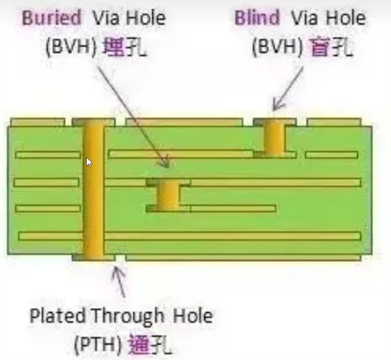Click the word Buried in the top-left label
coord(52,18)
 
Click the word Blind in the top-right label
coord(257,18)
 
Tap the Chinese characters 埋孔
coord(124,47)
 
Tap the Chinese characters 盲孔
coord(331,47)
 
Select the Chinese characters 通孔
coord(150,344)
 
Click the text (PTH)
coord(98,344)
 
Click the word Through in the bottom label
coord(127,317)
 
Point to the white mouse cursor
coord(89,162)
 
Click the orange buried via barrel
coord(168,195)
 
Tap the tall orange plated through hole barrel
coord(93,190)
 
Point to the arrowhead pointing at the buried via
coord(165,162)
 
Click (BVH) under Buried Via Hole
coord(71,47)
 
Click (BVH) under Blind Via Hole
coord(277,47)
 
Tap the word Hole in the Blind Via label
coord(346,18)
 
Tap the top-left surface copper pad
coord(38,122)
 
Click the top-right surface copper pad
coord(334,122)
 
